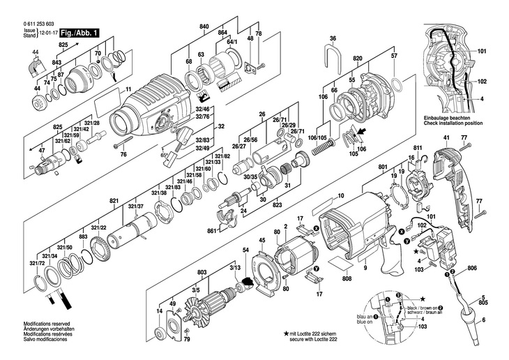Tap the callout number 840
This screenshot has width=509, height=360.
click(204, 26)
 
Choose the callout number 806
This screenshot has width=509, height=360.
click(472, 269)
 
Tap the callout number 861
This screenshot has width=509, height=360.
click(212, 230)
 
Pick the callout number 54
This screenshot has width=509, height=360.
click(245, 250)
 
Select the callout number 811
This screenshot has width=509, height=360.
click(418, 149)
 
